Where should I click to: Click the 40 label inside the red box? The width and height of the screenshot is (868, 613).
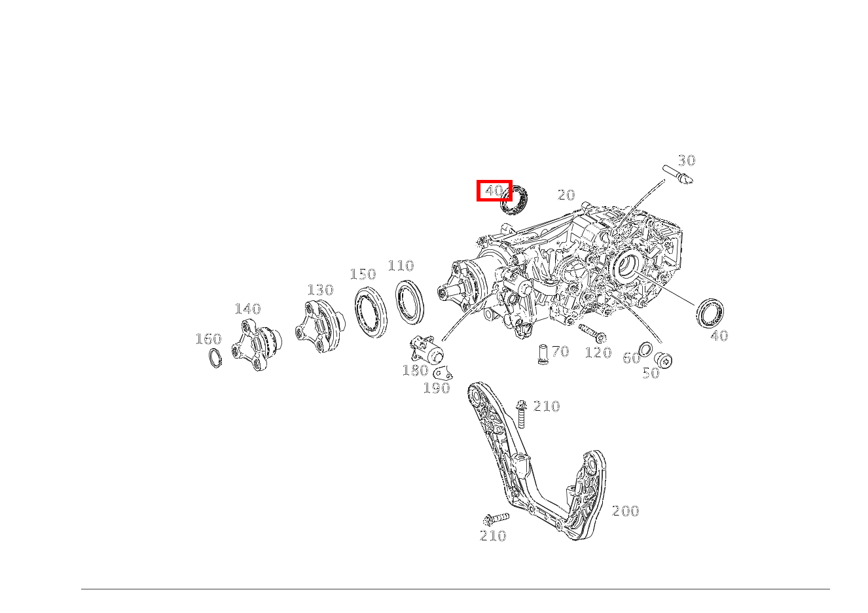tap(494, 191)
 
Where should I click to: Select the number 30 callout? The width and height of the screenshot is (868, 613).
tap(686, 161)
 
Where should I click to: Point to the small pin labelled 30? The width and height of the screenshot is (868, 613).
tap(678, 175)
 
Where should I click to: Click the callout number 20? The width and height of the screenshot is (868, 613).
tap(566, 195)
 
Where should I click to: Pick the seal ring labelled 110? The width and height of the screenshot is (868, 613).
tap(410, 302)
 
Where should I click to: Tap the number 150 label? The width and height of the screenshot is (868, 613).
tap(363, 275)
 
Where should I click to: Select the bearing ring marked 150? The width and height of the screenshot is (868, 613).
tap(371, 312)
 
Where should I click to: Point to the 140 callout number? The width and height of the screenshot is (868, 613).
tap(247, 309)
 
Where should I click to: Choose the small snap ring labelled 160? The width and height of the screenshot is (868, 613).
tap(215, 358)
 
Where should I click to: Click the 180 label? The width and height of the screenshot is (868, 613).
tap(415, 371)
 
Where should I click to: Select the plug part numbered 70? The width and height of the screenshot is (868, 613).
tap(543, 354)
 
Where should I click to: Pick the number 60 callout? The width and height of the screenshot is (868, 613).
tap(631, 359)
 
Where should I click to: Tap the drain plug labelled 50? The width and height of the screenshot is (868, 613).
tap(664, 359)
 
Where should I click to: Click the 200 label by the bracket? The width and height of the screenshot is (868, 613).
tap(625, 512)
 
